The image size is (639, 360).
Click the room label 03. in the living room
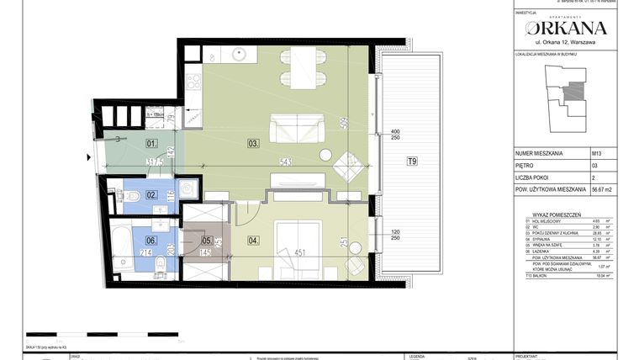click(x=253, y=143)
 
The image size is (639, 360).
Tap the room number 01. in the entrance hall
click(x=152, y=143)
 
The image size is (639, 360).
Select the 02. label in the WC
click(x=152, y=194)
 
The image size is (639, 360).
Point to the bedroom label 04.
click(x=253, y=241)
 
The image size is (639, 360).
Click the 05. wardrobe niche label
click(x=207, y=239)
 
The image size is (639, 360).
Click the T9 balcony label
click(x=412, y=161)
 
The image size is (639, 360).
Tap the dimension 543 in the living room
click(x=286, y=161)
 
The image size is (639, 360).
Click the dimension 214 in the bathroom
click(x=145, y=251)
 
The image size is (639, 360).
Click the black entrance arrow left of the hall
click(x=87, y=156)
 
